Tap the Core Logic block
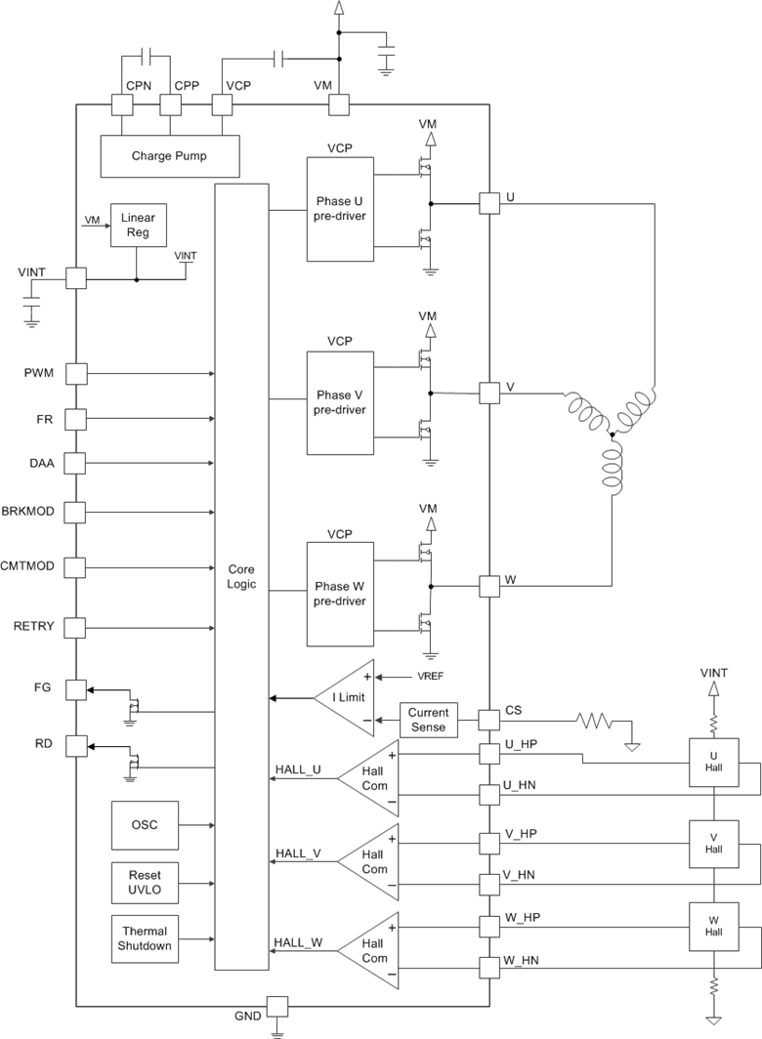(241, 576)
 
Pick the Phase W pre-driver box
(340, 594)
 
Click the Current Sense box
(428, 720)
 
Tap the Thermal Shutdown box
(145, 938)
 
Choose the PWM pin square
(76, 373)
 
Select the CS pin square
(488, 720)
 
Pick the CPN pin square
(122, 104)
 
